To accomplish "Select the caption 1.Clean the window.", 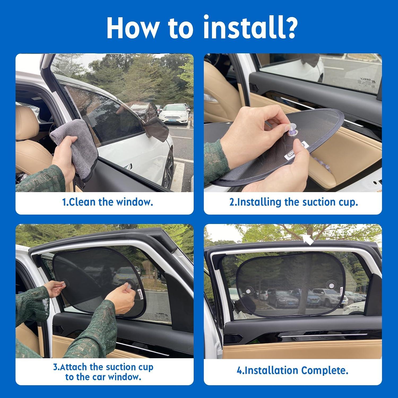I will click(107, 202).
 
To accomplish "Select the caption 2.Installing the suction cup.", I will click(293, 202).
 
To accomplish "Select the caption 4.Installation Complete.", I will click(292, 370).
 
